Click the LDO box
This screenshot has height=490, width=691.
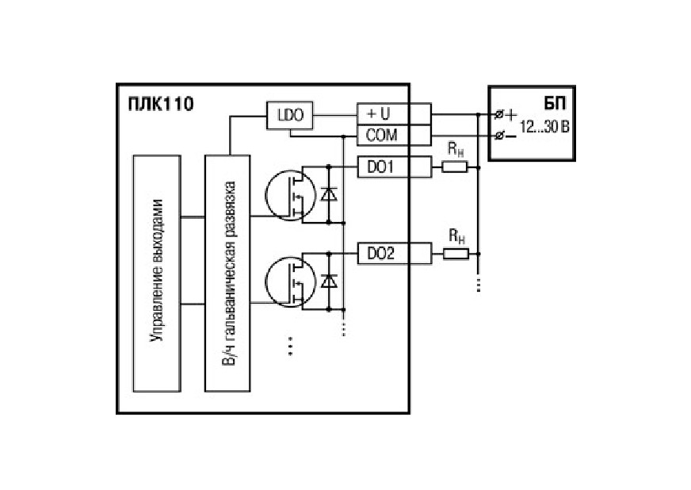(289, 115)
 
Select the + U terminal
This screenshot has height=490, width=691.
(394, 114)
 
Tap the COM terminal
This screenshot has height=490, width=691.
(394, 135)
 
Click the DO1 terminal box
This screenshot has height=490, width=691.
(394, 167)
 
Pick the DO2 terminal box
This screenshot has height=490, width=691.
(394, 254)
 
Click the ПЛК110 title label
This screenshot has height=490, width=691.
(161, 105)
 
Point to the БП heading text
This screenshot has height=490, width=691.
(555, 104)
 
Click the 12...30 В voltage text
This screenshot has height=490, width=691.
(544, 127)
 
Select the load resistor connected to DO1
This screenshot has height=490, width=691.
(454, 167)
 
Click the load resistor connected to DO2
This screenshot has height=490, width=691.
(456, 254)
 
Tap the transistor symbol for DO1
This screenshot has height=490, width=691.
(290, 195)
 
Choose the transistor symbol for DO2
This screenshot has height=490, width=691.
(290, 281)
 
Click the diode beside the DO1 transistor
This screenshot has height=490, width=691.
(329, 194)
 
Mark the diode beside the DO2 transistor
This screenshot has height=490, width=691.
(329, 281)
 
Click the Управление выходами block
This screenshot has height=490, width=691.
(157, 273)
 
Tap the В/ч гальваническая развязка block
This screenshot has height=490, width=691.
(227, 273)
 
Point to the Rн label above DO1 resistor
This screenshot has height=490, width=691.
(456, 150)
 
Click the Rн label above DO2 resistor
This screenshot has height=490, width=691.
(456, 237)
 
